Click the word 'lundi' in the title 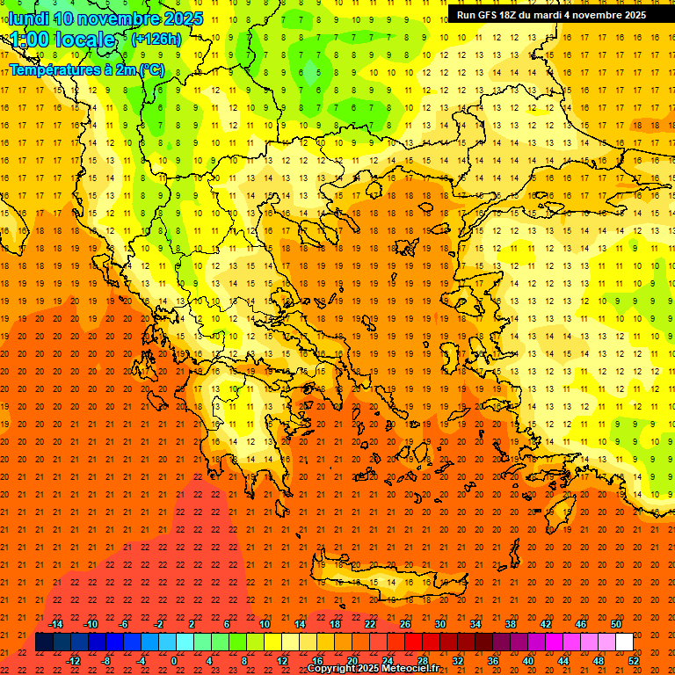pyautogui.click(x=28, y=18)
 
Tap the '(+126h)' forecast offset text pyautogui.click(x=156, y=39)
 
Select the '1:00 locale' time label pyautogui.click(x=62, y=40)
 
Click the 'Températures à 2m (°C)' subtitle pyautogui.click(x=86, y=69)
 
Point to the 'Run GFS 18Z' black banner pyautogui.click(x=551, y=14)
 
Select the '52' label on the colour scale pyautogui.click(x=634, y=661)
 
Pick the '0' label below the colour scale pyautogui.click(x=174, y=661)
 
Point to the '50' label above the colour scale pyautogui.click(x=615, y=624)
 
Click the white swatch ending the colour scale pyautogui.click(x=624, y=642)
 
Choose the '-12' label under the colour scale pyautogui.click(x=73, y=661)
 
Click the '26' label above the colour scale pyautogui.click(x=405, y=624)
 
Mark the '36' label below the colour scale pyautogui.click(x=493, y=661)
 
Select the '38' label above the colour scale pyautogui.click(x=511, y=624)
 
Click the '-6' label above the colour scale pyautogui.click(x=125, y=624)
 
